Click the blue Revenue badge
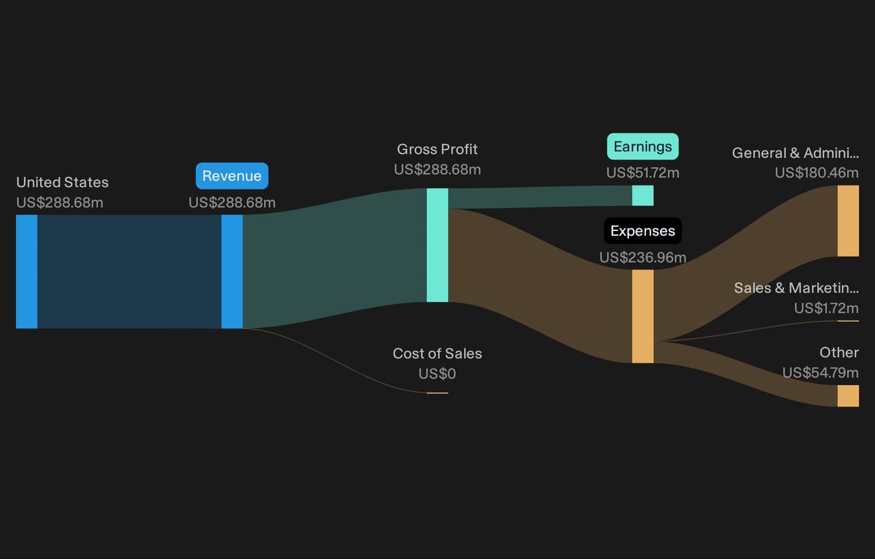(x=232, y=176)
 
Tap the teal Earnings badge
(x=643, y=146)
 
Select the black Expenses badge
(x=643, y=231)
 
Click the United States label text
(x=63, y=182)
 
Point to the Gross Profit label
(x=437, y=149)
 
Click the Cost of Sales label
(x=437, y=354)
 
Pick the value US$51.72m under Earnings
(x=643, y=173)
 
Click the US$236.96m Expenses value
(x=643, y=258)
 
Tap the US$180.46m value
(x=817, y=173)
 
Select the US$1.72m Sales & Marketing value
(x=826, y=308)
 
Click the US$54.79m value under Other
(x=820, y=372)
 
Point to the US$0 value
(x=437, y=374)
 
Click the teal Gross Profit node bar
(x=437, y=245)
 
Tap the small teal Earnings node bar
(x=643, y=196)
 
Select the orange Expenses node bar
(x=643, y=317)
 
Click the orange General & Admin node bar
(x=848, y=221)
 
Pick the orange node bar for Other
(x=848, y=396)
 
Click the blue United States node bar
(x=27, y=272)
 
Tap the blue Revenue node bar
(x=232, y=272)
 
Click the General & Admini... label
(x=795, y=153)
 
